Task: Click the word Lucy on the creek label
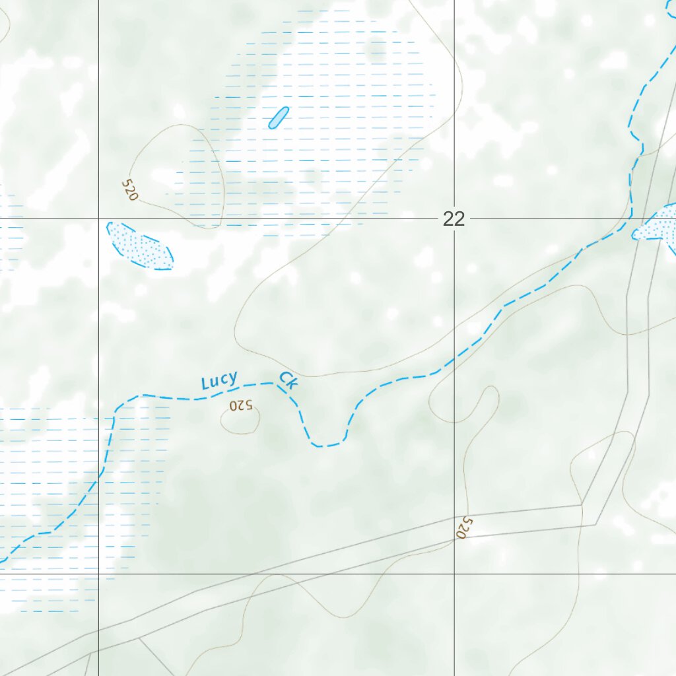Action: tap(219, 381)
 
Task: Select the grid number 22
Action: tap(454, 219)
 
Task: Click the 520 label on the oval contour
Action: tap(130, 190)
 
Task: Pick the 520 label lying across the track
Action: tap(465, 527)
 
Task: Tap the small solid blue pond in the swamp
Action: tap(279, 118)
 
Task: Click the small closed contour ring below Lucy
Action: tap(240, 421)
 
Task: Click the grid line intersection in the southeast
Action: tap(454, 574)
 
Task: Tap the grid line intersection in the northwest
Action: tap(98, 218)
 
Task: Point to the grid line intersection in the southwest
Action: tap(98, 574)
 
